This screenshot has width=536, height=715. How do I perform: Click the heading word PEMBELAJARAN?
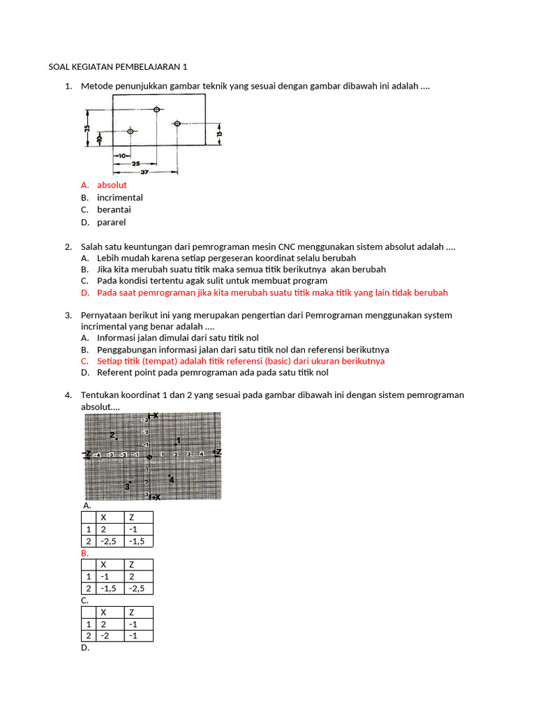click(149, 67)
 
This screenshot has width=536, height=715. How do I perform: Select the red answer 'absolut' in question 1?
click(112, 185)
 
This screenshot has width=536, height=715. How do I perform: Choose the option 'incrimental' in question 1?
click(119, 198)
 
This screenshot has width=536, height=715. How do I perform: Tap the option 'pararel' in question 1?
click(111, 223)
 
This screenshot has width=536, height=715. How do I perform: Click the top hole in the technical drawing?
click(156, 110)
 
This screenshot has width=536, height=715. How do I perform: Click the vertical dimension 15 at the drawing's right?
click(218, 133)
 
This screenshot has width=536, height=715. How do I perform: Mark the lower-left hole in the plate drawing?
click(130, 131)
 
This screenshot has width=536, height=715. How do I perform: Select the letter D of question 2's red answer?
click(84, 293)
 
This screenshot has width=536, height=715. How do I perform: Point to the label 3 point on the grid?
click(127, 486)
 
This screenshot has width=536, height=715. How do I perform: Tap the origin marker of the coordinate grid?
click(149, 457)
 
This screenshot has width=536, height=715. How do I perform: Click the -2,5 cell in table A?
click(110, 541)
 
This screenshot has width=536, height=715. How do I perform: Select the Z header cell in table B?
click(138, 564)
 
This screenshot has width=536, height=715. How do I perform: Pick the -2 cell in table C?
click(110, 635)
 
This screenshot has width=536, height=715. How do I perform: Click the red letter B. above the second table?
click(85, 553)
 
